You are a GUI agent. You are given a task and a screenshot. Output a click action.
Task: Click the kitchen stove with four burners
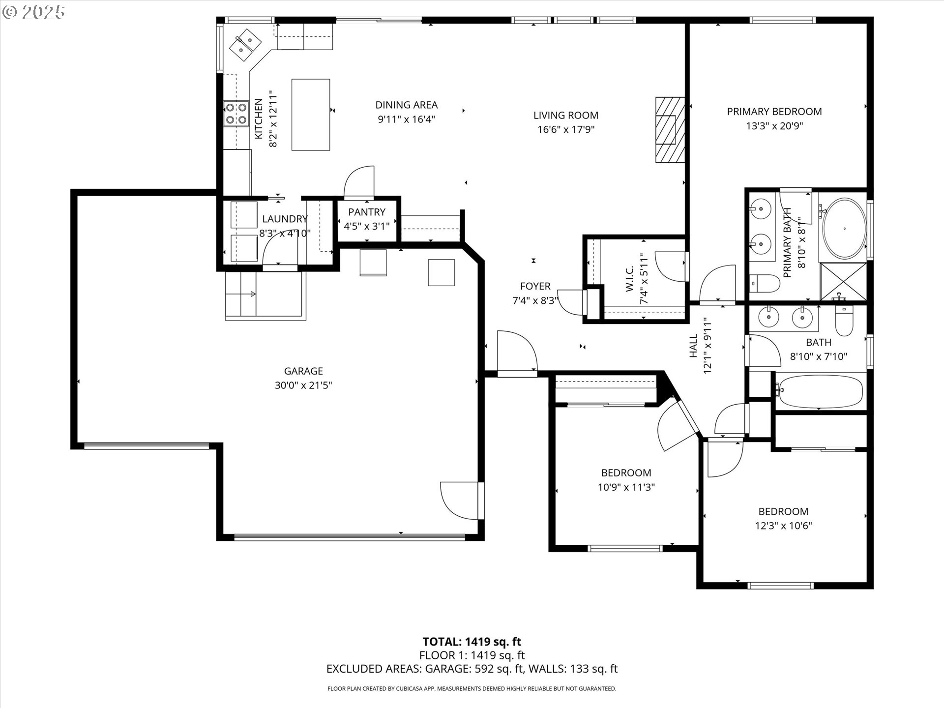(x=236, y=113)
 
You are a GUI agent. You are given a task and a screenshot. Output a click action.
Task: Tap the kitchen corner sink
(x=245, y=42)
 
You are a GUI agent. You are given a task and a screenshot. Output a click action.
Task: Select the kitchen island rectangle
(x=311, y=115)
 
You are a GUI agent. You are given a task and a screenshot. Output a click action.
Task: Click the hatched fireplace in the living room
(x=670, y=129)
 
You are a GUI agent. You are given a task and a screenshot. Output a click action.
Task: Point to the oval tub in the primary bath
(x=845, y=228)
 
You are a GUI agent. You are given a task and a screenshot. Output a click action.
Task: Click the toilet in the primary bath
(x=766, y=284)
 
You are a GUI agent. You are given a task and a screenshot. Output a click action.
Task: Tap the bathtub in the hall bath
(x=820, y=392)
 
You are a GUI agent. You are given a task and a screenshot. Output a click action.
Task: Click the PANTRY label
(x=367, y=212)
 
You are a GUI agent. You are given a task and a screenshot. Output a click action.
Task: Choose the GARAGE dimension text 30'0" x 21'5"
(x=303, y=385)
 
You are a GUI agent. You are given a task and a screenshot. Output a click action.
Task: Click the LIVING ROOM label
(x=566, y=115)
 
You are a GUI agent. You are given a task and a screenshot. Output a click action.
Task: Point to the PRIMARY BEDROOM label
(x=774, y=112)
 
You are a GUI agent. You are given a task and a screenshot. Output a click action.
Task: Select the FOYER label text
(x=535, y=286)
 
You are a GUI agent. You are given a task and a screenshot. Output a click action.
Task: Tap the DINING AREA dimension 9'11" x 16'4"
(x=407, y=119)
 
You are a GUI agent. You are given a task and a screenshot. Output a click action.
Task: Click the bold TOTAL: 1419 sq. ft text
(x=472, y=642)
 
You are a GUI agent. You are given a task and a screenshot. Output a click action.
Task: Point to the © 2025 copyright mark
(x=34, y=12)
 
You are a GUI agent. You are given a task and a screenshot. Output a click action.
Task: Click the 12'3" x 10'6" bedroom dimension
(x=784, y=526)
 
